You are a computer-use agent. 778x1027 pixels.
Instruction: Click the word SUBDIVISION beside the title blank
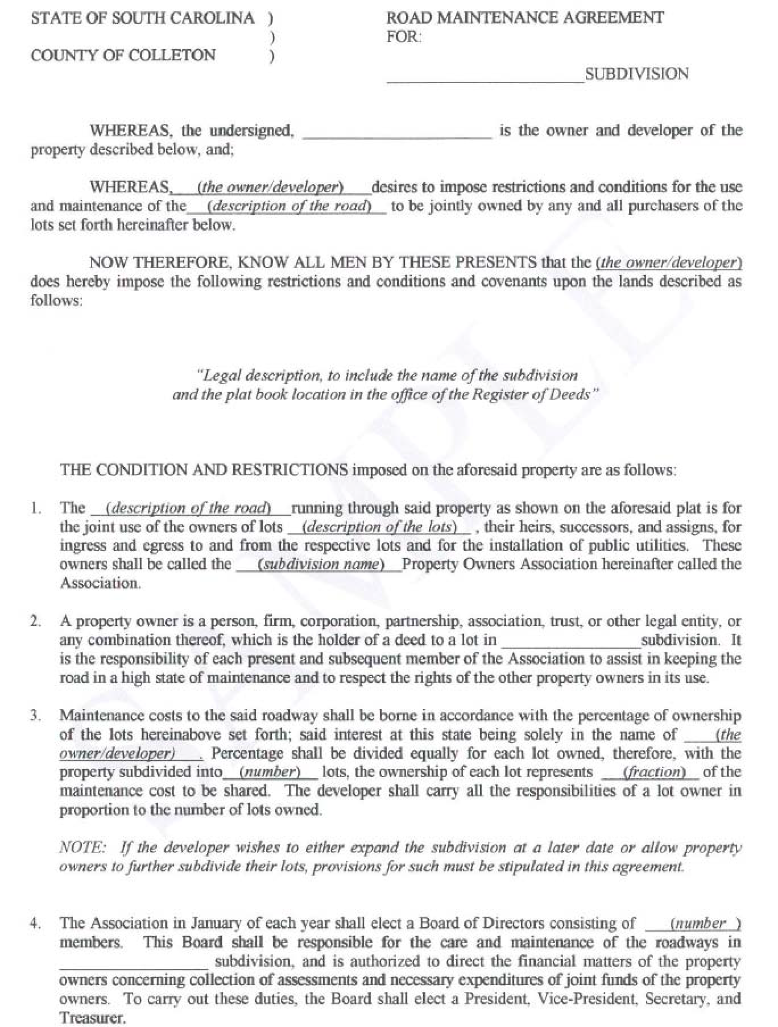point(636,74)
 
